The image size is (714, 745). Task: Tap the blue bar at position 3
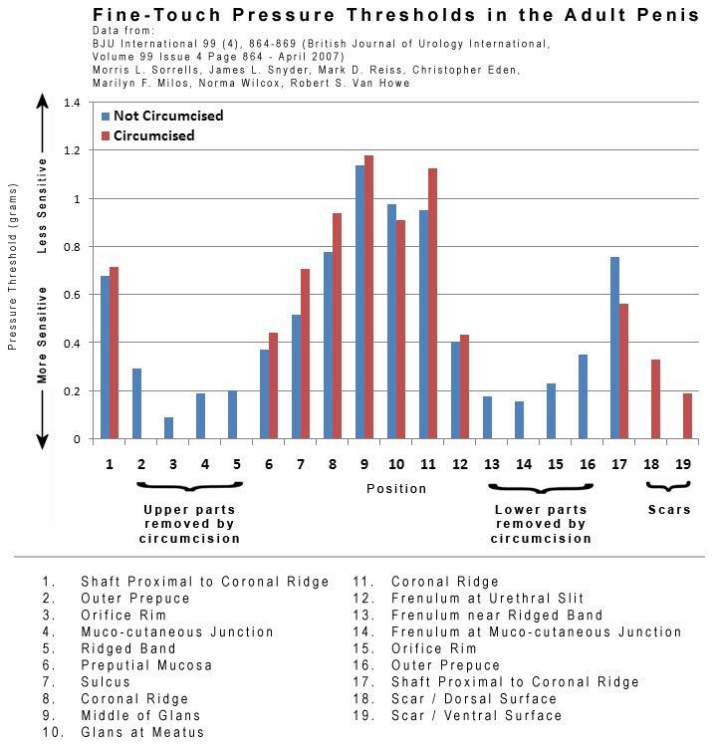pos(168,428)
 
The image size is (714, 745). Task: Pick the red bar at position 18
pos(655,399)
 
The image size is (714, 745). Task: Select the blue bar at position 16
pos(583,396)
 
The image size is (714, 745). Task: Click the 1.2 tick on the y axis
pos(70,150)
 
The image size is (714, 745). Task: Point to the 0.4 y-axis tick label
pos(70,343)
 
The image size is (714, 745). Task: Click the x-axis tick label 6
pos(269,464)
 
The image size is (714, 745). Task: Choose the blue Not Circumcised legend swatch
pos(104,117)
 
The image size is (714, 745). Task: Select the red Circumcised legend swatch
pos(104,135)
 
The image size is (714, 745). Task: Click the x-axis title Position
pos(395,488)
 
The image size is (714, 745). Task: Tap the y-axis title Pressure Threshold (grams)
pos(13,266)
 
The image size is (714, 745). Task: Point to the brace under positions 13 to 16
pos(541,490)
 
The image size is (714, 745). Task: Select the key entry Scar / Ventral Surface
pos(475,716)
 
